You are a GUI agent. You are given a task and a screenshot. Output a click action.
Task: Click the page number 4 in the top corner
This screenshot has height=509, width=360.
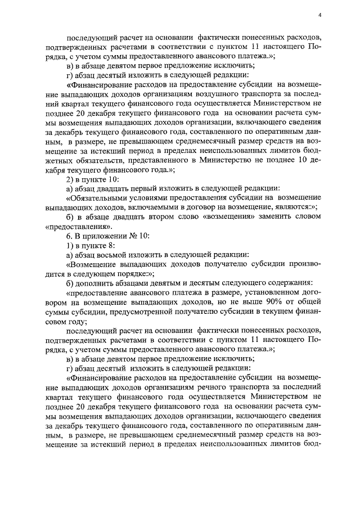click(319, 15)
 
